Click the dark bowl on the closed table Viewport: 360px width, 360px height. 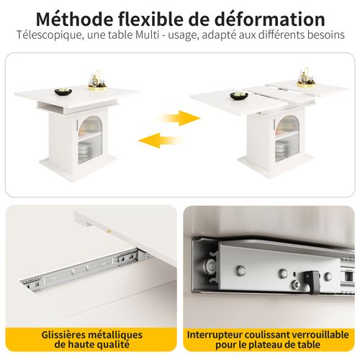(62, 89)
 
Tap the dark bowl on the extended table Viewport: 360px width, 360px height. (238, 96)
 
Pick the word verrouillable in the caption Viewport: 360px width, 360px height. (318, 335)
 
